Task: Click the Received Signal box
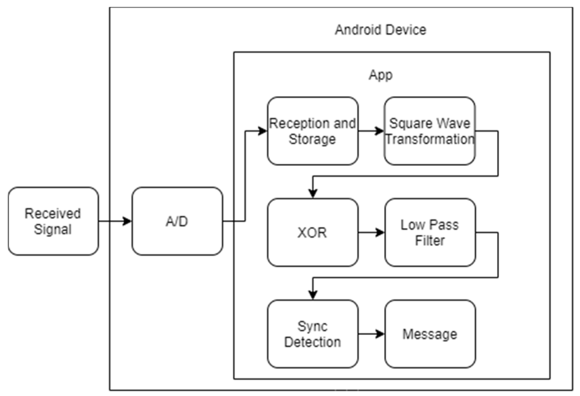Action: [53, 221]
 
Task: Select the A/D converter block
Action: [177, 221]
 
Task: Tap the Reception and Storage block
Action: [312, 131]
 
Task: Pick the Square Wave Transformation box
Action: [430, 131]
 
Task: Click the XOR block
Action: [312, 232]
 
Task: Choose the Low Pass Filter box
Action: [430, 232]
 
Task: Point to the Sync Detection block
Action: [312, 334]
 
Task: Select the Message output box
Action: [430, 334]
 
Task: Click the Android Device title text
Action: [380, 30]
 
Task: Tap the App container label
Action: [380, 74]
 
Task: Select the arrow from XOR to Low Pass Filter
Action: [371, 232]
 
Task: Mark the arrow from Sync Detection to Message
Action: [371, 334]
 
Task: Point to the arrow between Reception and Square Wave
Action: [371, 131]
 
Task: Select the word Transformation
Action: [430, 139]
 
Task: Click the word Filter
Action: [430, 241]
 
